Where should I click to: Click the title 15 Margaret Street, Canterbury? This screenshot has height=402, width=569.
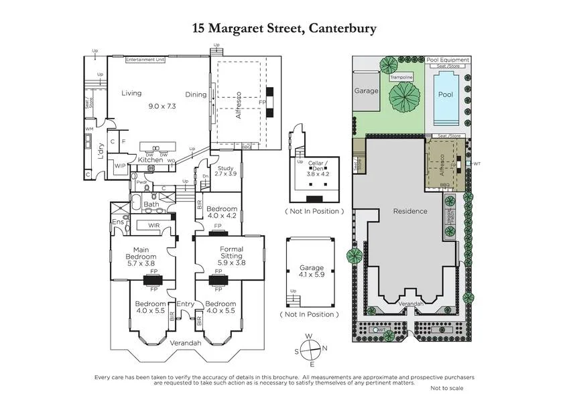point(284,28)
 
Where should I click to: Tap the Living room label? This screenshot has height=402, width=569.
point(131,94)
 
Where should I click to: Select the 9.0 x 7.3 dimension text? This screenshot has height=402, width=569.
point(162,106)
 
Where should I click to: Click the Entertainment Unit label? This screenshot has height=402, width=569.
point(145,60)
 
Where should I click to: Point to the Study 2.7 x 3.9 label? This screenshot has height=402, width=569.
point(226,170)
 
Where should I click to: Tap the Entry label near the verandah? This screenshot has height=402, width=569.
point(185,304)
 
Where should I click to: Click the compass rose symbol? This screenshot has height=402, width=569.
point(310,349)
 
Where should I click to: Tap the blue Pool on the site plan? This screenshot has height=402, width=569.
point(446,95)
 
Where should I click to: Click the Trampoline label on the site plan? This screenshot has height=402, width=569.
point(401,78)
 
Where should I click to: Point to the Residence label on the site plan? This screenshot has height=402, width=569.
point(409,211)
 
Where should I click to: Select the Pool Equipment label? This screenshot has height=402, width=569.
point(448,60)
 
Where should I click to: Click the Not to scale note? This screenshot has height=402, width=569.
point(448,388)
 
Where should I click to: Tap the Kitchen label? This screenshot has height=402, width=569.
point(150,160)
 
